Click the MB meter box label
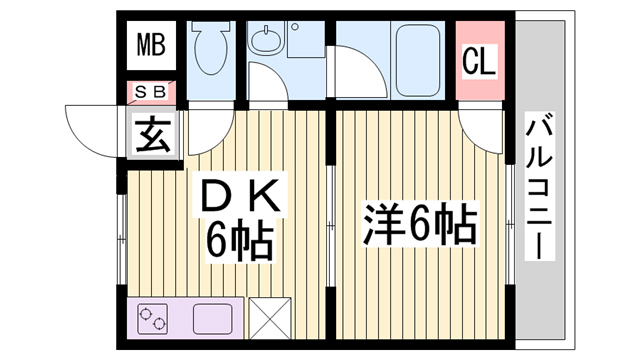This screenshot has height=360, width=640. (x=151, y=44)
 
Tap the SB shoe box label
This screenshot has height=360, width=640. (x=151, y=92)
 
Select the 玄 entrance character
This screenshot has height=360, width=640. (x=152, y=134)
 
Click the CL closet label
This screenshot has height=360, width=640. (x=479, y=61)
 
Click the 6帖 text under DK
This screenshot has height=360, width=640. (x=239, y=241)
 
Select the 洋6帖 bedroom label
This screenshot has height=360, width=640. (x=420, y=224)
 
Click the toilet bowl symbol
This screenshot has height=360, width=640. (x=211, y=47)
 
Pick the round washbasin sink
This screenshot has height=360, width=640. (x=266, y=40)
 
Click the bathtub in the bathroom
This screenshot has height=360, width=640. (x=418, y=60)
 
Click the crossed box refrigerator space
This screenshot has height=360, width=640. (x=270, y=318)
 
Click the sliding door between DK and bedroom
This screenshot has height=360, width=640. (x=331, y=226)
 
